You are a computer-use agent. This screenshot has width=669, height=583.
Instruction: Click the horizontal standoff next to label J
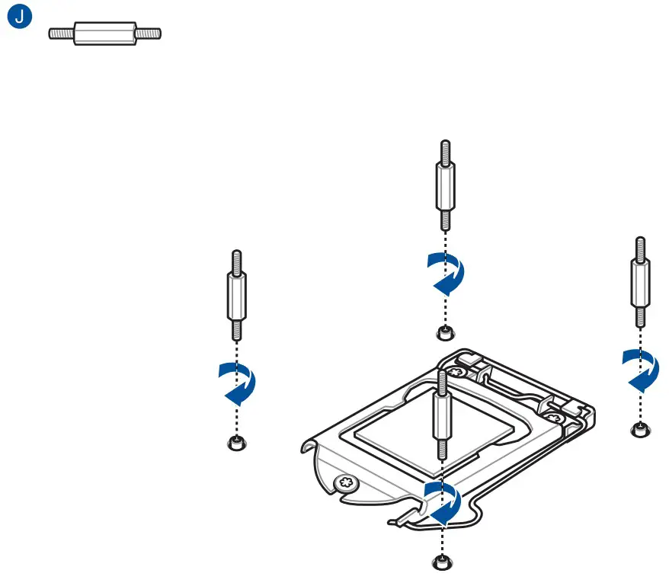tap(105, 34)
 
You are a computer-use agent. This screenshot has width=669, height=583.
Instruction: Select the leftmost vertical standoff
tap(238, 295)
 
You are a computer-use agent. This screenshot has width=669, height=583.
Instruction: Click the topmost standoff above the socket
tap(445, 186)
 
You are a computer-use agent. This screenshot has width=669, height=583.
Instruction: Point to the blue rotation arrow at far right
tap(640, 369)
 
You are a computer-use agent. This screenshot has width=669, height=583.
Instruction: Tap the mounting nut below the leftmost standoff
tap(238, 444)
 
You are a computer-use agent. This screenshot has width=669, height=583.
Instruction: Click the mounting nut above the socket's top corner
tap(444, 332)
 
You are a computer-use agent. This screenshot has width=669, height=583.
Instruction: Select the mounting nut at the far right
tap(641, 430)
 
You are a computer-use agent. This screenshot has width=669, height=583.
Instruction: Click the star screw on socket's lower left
tap(347, 483)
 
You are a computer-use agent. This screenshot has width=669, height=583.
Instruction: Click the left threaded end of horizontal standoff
tap(61, 34)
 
